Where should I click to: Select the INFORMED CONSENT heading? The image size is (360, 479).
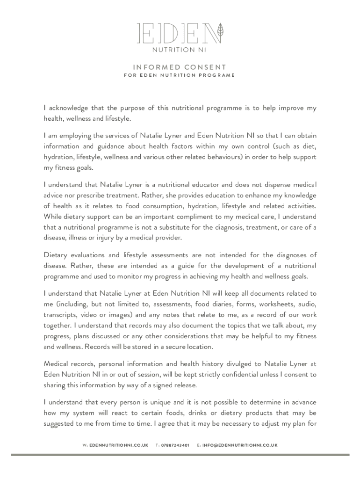pyautogui.click(x=180, y=67)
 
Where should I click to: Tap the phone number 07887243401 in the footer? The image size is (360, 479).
pyautogui.click(x=175, y=445)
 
